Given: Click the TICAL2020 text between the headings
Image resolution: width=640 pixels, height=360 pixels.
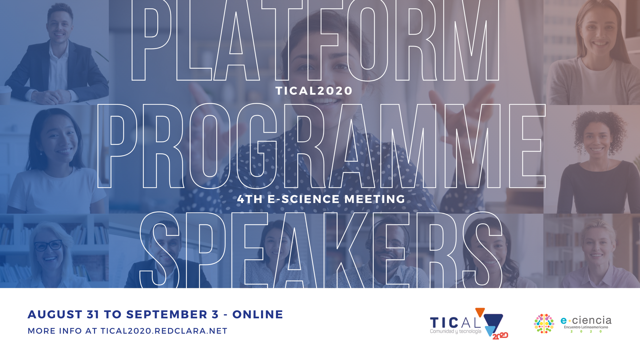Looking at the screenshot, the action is click(x=314, y=91).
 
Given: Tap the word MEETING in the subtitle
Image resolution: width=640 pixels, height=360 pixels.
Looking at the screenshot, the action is click(x=375, y=199).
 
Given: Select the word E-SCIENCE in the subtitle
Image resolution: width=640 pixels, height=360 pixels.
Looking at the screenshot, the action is click(x=304, y=199).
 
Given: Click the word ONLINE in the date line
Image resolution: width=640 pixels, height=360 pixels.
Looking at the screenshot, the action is click(x=258, y=314).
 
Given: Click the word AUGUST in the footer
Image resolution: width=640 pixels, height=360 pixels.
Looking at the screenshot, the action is click(x=55, y=314).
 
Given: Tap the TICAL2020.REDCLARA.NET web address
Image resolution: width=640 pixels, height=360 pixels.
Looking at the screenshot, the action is click(x=164, y=331).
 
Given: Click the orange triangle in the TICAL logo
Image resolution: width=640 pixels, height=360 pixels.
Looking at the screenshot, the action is click(x=480, y=312).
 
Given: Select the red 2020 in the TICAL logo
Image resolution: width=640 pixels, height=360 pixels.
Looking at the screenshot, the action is click(x=500, y=336).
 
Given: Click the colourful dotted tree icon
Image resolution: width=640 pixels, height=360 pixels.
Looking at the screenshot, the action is click(x=544, y=323).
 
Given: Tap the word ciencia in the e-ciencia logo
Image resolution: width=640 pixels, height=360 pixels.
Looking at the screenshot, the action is click(x=592, y=320).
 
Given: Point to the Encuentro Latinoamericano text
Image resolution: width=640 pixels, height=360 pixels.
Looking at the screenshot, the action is click(x=586, y=327).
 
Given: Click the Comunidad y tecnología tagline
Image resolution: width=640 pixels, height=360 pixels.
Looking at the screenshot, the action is click(x=455, y=331).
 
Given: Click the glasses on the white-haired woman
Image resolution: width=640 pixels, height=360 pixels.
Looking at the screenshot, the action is click(x=48, y=246).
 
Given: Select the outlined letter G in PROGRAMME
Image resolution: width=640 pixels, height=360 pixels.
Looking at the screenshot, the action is click(x=257, y=146).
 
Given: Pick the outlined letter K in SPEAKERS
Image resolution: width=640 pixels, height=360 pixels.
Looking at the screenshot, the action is click(x=347, y=250).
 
